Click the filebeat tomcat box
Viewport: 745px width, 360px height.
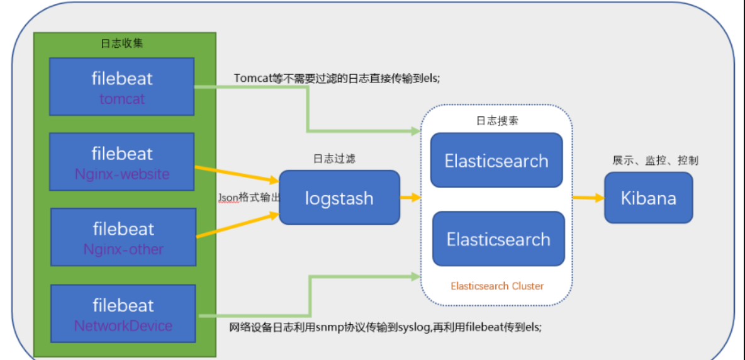(x=121, y=86)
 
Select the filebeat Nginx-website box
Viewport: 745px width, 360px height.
(x=121, y=162)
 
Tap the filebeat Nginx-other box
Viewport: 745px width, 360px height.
(x=123, y=237)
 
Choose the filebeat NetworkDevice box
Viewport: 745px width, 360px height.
(x=123, y=313)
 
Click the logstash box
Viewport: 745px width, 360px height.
(x=339, y=198)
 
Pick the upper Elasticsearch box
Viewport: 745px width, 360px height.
(x=496, y=160)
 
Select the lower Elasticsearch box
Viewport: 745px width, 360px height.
(x=498, y=239)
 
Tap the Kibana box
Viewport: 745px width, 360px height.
(x=649, y=198)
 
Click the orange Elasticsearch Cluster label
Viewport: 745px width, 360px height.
(x=497, y=286)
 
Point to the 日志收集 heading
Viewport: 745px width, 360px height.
(x=123, y=43)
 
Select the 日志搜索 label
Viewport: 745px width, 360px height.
(x=498, y=121)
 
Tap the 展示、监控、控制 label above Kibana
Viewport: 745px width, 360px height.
(x=655, y=160)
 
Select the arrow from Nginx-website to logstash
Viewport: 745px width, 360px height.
(x=237, y=174)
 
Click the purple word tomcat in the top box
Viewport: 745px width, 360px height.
(x=121, y=99)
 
